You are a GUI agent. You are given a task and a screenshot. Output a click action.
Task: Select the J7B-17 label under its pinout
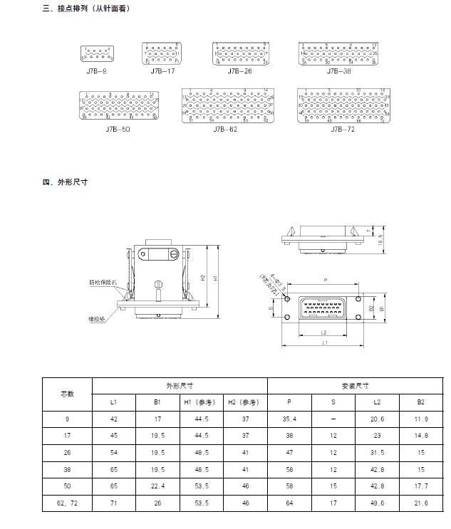(162, 71)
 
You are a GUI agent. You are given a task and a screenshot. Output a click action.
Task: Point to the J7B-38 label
(338, 71)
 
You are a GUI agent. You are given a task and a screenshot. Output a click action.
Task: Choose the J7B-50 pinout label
(118, 130)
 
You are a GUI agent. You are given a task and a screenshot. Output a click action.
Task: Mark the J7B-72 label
(343, 130)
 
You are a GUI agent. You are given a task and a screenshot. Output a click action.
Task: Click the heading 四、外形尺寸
(65, 182)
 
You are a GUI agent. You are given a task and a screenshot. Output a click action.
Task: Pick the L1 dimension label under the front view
(324, 343)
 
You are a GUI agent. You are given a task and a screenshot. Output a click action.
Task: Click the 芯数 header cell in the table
(67, 394)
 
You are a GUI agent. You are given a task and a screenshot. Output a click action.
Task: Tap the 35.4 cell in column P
(289, 419)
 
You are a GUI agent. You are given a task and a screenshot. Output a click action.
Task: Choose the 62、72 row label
(67, 503)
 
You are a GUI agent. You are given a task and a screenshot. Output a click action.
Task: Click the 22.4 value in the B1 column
(157, 486)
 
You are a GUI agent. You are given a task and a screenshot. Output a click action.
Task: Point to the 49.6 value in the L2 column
(378, 503)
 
